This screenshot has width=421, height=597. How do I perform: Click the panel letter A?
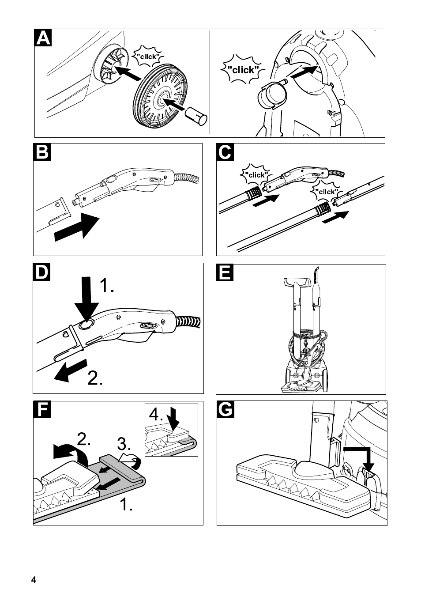tap(43, 38)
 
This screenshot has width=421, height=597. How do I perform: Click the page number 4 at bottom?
tap(34, 580)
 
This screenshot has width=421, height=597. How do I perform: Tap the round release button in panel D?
tap(86, 325)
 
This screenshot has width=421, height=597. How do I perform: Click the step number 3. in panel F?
tap(124, 443)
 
